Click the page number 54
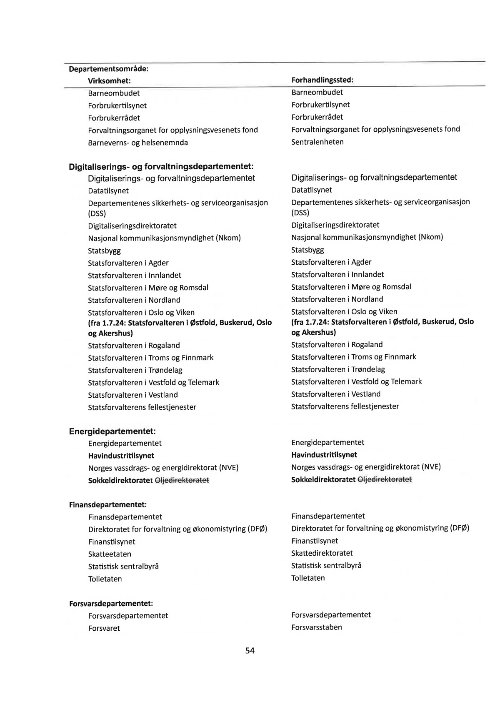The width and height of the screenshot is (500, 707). (250, 650)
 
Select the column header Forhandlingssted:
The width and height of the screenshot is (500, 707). (322, 80)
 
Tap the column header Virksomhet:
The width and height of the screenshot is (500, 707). (109, 80)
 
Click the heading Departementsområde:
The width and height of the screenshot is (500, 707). (109, 69)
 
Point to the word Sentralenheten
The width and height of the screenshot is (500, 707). (317, 142)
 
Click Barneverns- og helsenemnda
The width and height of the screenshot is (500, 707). (138, 143)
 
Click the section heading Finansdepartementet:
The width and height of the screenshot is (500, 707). (107, 505)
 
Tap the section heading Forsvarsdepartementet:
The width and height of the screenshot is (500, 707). (111, 603)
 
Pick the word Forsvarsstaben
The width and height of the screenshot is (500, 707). (316, 627)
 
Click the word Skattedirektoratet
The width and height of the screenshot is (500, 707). (322, 553)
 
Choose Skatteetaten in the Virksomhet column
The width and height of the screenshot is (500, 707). (110, 554)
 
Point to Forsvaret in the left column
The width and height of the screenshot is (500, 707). (104, 628)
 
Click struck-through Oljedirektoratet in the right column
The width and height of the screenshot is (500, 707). (385, 479)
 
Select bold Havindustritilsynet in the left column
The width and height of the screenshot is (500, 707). (121, 456)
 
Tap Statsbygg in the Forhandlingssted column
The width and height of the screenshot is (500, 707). (307, 250)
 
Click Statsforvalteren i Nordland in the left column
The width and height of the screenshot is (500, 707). (134, 300)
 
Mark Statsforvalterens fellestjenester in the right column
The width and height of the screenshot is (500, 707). (345, 406)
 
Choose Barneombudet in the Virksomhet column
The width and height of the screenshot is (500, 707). (114, 93)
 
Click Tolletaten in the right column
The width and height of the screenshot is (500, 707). (308, 578)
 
